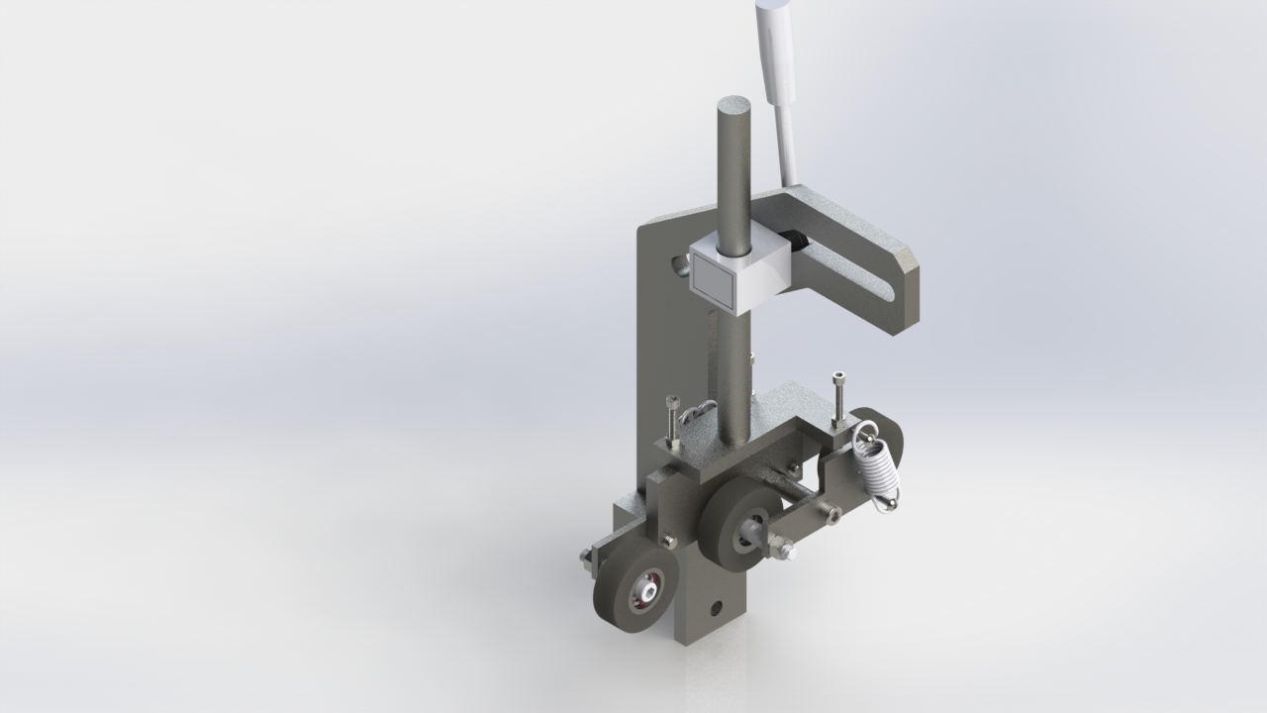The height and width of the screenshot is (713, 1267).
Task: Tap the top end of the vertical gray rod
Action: point(734,105)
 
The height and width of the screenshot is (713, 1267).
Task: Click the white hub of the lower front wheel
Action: point(647,591)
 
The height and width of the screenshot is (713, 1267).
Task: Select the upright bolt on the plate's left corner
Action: point(674,420)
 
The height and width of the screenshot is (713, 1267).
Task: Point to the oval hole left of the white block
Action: point(678,264)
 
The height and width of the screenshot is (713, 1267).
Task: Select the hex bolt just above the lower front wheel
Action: point(669,541)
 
